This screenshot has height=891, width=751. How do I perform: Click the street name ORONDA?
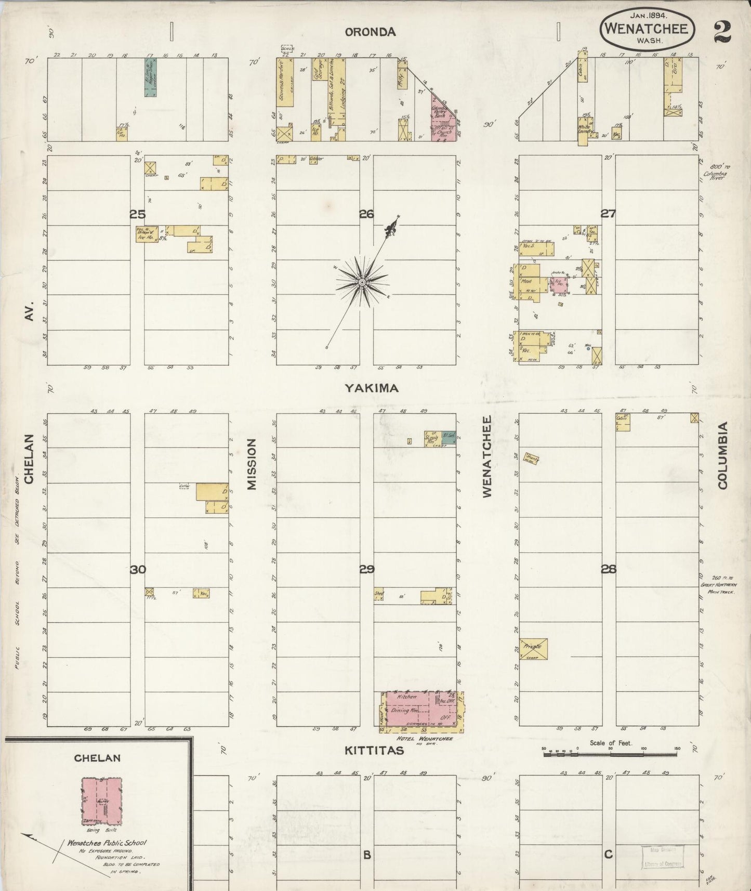371,32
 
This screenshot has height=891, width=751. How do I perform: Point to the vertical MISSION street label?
252,464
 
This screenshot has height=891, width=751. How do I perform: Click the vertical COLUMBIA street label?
722,455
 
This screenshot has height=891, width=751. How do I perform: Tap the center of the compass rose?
361,282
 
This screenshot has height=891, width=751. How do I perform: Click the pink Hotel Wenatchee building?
423,709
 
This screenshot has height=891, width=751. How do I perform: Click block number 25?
137,214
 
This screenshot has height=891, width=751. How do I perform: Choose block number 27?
608,213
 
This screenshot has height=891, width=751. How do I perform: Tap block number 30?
138,570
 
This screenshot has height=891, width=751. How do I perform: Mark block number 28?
608,569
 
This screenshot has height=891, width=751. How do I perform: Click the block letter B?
366,854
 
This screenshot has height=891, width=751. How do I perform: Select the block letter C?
608,854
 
